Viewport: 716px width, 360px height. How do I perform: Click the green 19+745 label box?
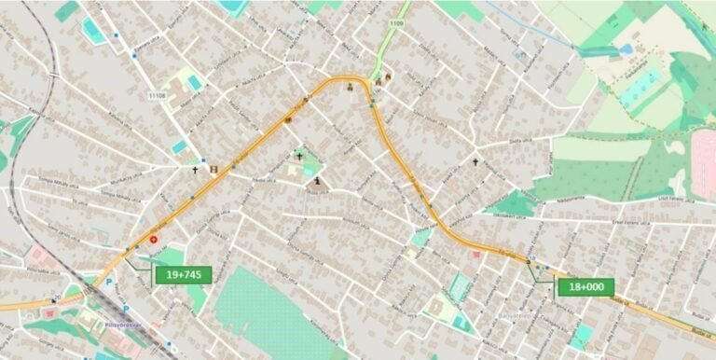pos(183,274)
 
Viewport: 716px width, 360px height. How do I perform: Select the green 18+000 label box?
pos(585,287)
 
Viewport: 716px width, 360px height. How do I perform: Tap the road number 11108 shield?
pos(157,93)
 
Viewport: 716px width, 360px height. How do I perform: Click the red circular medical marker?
pos(154,240)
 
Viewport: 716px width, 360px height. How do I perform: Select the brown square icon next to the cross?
pos(213,170)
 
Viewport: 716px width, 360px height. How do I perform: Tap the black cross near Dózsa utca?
pos(475,161)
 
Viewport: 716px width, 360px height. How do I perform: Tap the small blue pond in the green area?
pos(626,48)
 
